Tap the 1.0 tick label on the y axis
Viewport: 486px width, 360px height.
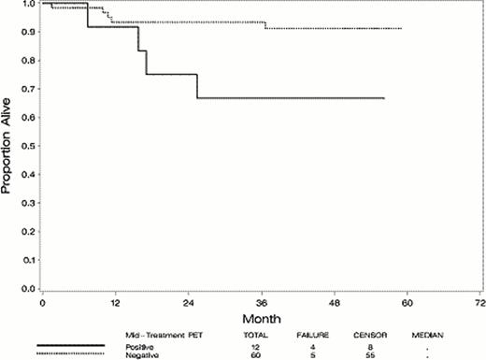coord(32,4)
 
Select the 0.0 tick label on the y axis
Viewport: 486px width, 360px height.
coord(32,290)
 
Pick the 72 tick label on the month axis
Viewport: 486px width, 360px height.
coord(479,305)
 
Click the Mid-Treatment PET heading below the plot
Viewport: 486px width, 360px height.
coord(157,334)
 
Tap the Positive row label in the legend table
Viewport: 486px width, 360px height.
coord(140,346)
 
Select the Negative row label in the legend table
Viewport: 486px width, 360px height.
coord(141,354)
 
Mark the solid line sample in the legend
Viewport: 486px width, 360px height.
coord(69,346)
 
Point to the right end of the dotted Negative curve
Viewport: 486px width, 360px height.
coord(401,29)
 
